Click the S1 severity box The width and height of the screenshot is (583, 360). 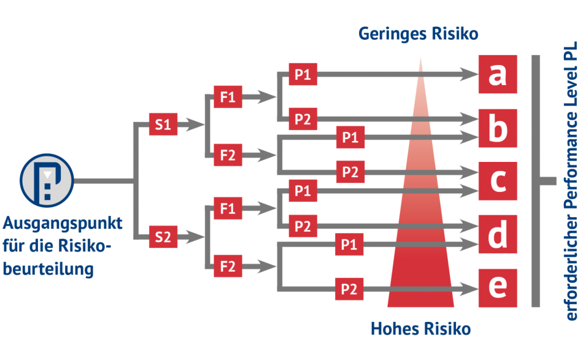pos(163,125)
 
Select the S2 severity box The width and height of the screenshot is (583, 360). pos(163,236)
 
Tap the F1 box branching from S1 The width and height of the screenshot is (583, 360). pos(228,97)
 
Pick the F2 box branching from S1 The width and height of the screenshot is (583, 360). pos(228,155)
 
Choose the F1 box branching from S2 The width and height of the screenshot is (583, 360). pos(228,209)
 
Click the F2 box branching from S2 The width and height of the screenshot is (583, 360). pos(228,267)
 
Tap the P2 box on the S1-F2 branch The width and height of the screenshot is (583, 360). pos(350,172)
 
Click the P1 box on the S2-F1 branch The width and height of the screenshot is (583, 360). pos(303,191)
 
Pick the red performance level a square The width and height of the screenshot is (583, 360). pos(498,75)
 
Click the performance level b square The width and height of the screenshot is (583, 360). pos(498,128)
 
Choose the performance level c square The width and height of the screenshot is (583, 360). pos(498,182)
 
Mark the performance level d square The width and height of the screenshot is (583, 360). pos(498,235)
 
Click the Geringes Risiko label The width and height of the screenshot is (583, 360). pos(418,34)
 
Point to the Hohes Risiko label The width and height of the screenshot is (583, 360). pos(420,329)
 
